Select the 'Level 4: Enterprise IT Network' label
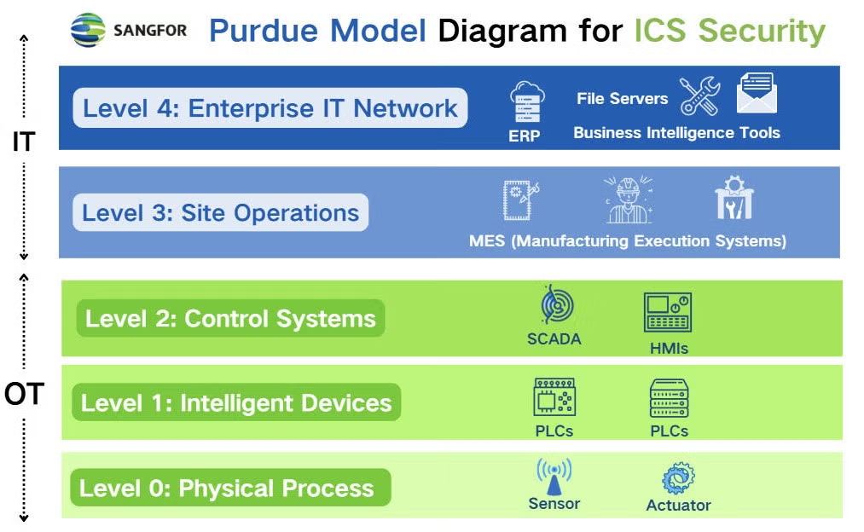270,108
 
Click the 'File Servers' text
622,98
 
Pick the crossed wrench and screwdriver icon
699,96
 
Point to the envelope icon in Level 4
756,94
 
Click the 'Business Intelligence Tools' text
676,133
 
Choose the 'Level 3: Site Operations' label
221,212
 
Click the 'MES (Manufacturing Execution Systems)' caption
627,241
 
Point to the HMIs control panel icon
667,313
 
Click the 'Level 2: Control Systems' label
230,319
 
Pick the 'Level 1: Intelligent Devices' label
236,402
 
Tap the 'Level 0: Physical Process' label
227,489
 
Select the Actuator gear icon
678,478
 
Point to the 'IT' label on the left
23,142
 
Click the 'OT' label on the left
24,394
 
